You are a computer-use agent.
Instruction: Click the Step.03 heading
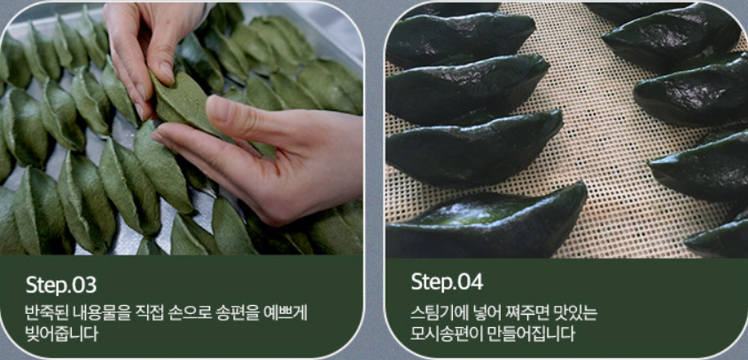tap(61, 285)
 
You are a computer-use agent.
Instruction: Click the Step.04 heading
tap(447, 282)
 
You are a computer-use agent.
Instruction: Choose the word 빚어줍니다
tap(61, 333)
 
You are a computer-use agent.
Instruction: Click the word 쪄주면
tap(524, 314)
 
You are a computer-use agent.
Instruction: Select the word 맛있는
tap(574, 314)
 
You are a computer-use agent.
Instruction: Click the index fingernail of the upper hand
tap(168, 73)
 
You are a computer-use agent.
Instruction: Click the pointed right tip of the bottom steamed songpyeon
tap(584, 184)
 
